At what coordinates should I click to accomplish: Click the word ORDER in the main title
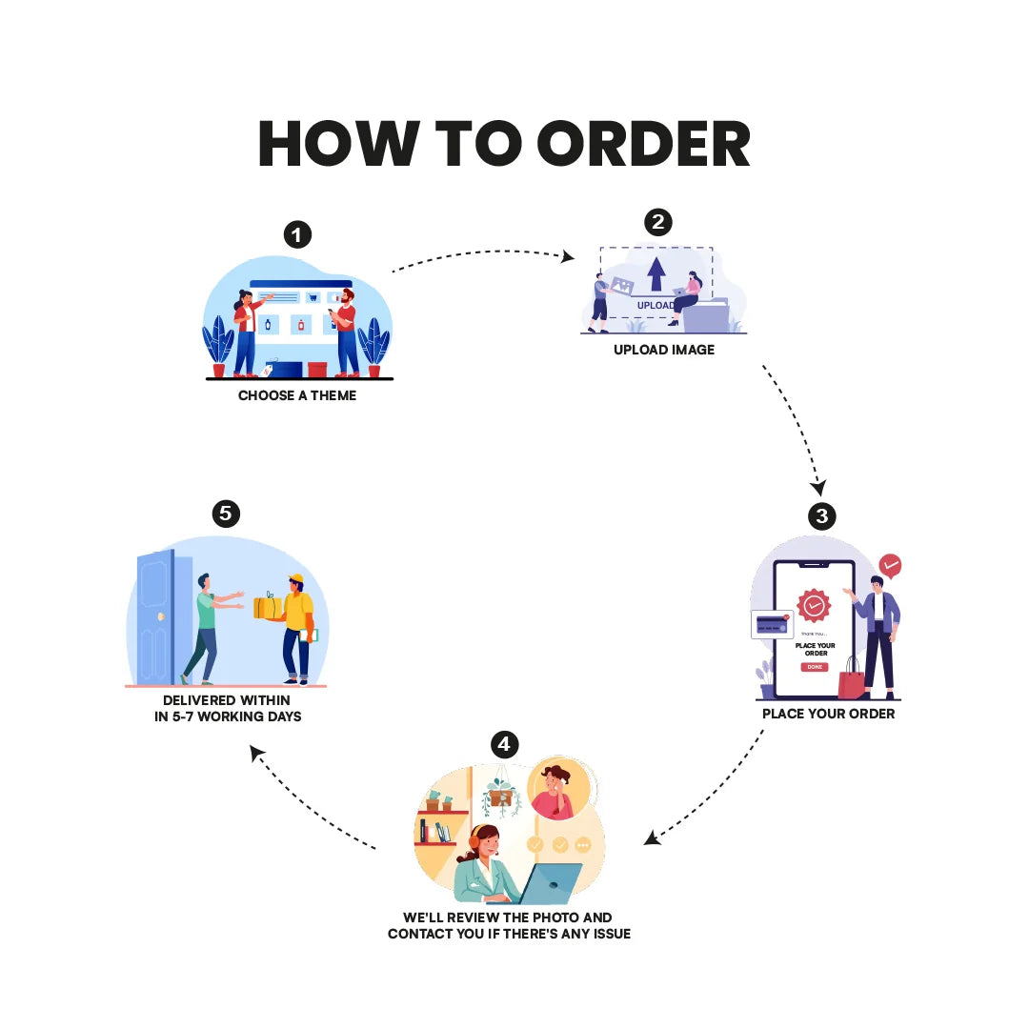click(x=644, y=144)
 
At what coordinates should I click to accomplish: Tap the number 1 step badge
click(x=297, y=234)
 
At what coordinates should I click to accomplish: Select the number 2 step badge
click(x=658, y=222)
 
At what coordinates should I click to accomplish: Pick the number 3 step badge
click(x=821, y=516)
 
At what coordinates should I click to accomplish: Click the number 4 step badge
click(x=504, y=744)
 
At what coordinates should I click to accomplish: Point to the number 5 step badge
click(x=226, y=514)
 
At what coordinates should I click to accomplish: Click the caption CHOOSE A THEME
click(x=297, y=395)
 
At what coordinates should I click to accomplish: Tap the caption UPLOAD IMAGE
click(x=664, y=350)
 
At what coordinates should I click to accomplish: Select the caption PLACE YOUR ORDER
click(x=828, y=714)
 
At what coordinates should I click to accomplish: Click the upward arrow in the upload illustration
click(x=656, y=273)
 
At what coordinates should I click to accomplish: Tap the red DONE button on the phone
click(x=815, y=667)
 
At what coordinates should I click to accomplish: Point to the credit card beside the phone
click(x=772, y=624)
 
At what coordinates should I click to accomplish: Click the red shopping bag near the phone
click(x=852, y=680)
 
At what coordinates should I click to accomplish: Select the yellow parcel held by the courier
click(x=268, y=606)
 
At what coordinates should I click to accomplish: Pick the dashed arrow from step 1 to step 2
click(x=483, y=253)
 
